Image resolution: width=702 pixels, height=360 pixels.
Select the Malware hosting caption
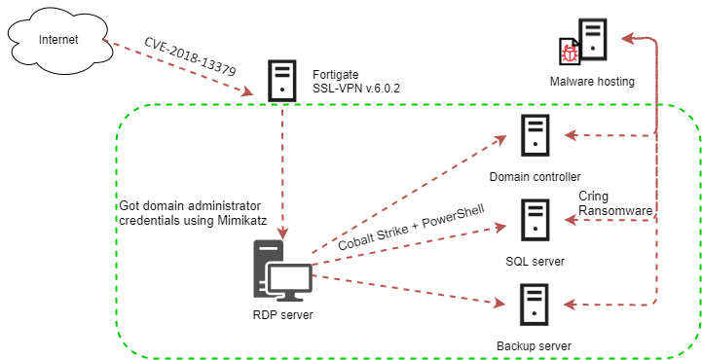pos(592,82)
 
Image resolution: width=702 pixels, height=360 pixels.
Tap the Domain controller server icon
pos(534,135)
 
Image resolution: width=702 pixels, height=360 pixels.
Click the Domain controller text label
pos(536,176)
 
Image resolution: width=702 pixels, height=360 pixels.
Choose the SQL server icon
pos(534,219)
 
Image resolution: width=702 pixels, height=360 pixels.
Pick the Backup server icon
pos(534,304)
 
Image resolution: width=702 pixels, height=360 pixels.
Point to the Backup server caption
pos(533,345)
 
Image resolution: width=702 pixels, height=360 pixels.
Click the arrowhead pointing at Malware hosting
pos(630,39)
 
